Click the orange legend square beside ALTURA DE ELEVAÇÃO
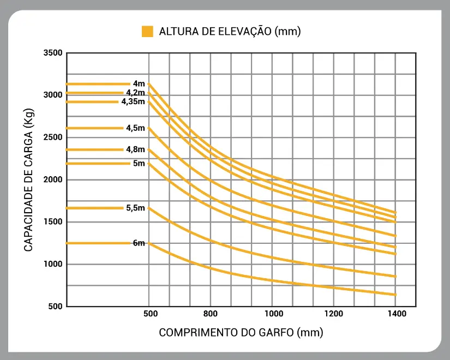(147, 32)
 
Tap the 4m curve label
(139, 83)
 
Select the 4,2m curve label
(136, 93)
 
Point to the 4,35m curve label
(134, 101)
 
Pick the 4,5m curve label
(136, 128)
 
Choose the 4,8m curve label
(136, 149)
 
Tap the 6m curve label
(139, 243)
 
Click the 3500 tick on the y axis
(53, 53)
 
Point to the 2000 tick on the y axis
(53, 179)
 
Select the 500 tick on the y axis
(55, 306)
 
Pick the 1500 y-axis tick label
(53, 222)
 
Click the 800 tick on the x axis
(211, 314)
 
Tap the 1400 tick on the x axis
(396, 314)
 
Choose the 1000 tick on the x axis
(273, 314)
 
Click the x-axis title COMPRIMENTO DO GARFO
(241, 332)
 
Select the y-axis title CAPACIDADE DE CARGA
(29, 179)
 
